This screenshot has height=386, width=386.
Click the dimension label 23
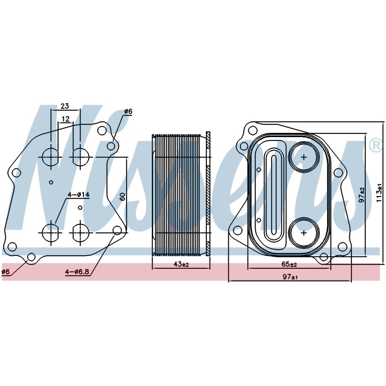click(x=65, y=106)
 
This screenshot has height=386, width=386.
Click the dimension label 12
click(x=65, y=119)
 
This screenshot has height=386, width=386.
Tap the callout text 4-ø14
click(x=79, y=195)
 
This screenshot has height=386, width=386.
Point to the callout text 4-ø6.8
click(x=77, y=272)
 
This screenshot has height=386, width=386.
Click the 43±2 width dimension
click(x=181, y=265)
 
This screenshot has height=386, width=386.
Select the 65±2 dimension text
click(x=289, y=265)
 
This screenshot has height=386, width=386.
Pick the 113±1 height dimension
click(x=379, y=193)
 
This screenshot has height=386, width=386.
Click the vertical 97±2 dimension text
click(x=362, y=195)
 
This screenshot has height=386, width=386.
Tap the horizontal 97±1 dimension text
click(x=290, y=277)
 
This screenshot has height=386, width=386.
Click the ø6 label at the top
click(x=128, y=111)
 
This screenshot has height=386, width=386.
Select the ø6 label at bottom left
click(x=5, y=272)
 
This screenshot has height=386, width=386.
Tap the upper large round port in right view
click(x=304, y=157)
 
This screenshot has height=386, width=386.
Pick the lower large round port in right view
click(x=304, y=232)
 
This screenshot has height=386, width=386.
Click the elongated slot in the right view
click(x=273, y=194)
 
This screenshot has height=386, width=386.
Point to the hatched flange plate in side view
click(x=208, y=194)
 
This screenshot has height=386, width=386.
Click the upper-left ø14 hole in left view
click(x=51, y=157)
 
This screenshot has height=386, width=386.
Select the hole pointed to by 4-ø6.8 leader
click(x=117, y=230)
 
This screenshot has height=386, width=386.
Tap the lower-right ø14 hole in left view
click(x=81, y=232)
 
